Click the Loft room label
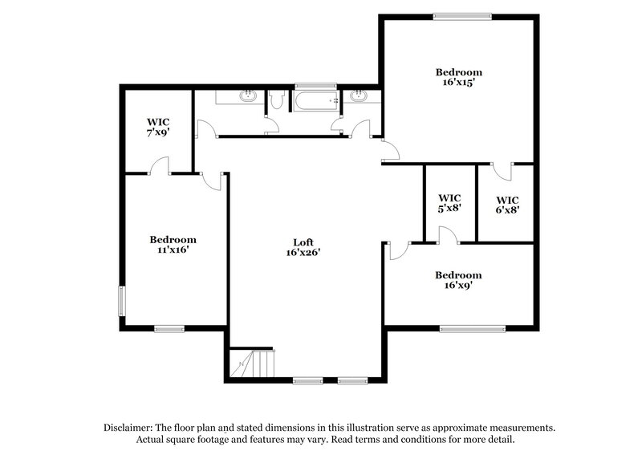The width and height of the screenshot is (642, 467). coord(302,242)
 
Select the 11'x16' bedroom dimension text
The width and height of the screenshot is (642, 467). coord(173,250)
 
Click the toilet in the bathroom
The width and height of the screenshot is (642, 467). coord(277,99)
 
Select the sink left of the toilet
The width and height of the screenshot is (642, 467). coord(248,98)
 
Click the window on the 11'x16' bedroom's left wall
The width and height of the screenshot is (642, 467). coord(122,302)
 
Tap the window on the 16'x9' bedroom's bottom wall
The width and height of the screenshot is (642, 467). coord(472,327)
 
